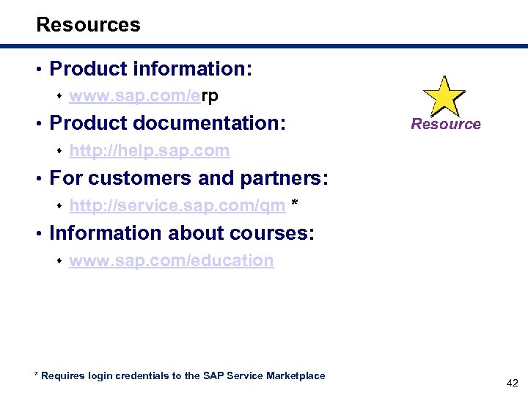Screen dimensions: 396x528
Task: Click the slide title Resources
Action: click(88, 25)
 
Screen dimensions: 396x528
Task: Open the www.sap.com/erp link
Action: click(144, 96)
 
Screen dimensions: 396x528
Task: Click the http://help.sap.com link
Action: click(149, 151)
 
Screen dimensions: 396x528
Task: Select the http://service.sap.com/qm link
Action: click(177, 206)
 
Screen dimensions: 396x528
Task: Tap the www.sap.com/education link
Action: click(171, 261)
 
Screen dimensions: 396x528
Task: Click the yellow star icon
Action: click(444, 95)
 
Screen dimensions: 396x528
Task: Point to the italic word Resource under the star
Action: click(445, 124)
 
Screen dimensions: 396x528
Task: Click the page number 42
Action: click(511, 383)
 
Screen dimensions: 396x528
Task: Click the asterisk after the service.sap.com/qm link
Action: click(295, 205)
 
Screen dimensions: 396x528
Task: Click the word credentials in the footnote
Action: click(144, 375)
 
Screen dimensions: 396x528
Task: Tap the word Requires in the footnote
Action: click(63, 375)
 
